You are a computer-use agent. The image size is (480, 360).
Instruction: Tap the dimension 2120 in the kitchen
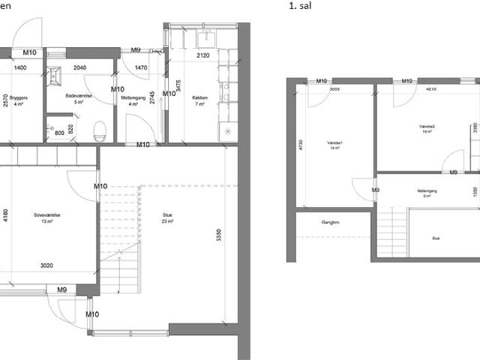click(x=202, y=56)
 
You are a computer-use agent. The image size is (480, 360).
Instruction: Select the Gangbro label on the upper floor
click(x=331, y=223)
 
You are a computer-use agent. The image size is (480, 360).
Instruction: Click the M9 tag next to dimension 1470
click(x=136, y=51)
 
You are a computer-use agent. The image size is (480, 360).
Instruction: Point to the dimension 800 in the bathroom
click(x=61, y=133)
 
